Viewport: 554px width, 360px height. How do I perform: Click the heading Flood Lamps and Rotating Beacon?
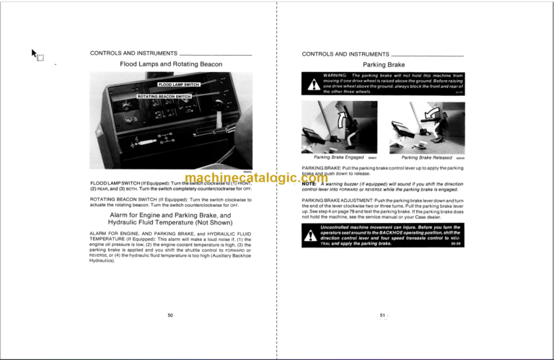[170, 65]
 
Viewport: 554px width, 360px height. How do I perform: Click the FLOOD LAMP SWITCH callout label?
[179, 85]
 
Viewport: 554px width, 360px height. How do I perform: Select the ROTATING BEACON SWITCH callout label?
[164, 96]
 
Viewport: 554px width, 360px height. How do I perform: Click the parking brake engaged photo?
[336, 126]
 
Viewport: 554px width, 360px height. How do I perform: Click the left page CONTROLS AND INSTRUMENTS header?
[134, 53]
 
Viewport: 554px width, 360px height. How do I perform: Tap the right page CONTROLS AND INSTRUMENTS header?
[346, 53]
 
